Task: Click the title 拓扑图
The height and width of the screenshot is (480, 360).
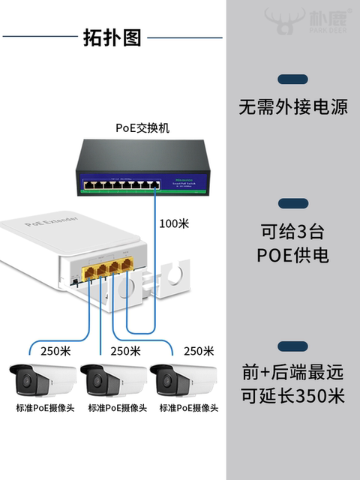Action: tap(112, 37)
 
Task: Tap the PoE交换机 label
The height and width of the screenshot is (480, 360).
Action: tap(142, 127)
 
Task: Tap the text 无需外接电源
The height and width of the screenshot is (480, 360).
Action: tap(293, 107)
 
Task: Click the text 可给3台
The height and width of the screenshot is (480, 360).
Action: tap(293, 230)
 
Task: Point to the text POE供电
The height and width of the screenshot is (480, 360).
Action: tap(293, 256)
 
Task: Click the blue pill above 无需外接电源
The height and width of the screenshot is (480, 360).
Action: tap(292, 79)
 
